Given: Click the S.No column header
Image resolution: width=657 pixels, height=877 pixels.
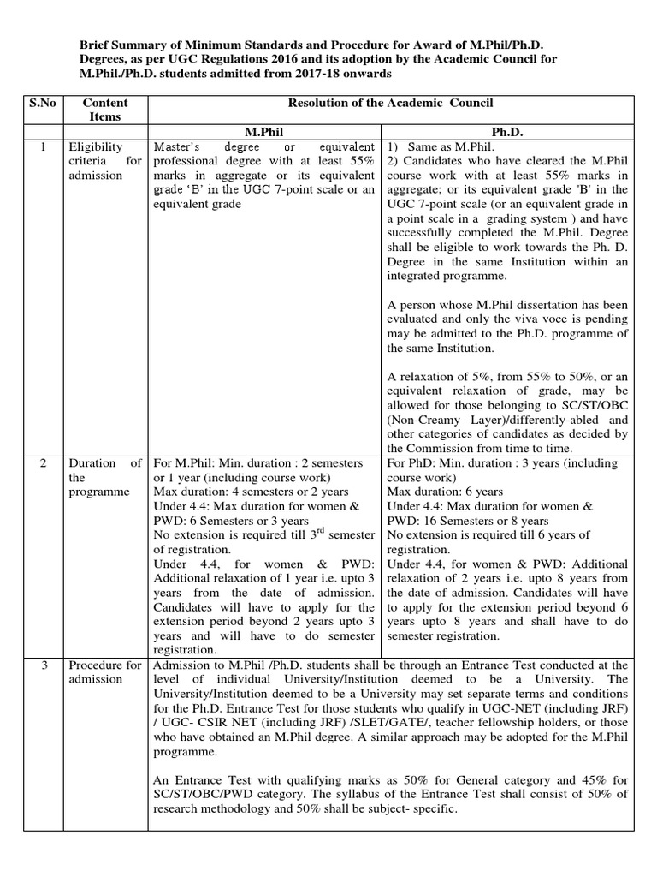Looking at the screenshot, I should pyautogui.click(x=42, y=104).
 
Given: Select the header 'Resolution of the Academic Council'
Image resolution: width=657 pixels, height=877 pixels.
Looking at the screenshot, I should pyautogui.click(x=390, y=104).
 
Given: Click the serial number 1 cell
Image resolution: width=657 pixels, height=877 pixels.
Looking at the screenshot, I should pyautogui.click(x=42, y=147).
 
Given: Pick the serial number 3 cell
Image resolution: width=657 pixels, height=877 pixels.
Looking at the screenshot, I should pyautogui.click(x=42, y=665).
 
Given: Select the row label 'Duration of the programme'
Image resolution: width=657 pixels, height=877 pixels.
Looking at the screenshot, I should pyautogui.click(x=105, y=478).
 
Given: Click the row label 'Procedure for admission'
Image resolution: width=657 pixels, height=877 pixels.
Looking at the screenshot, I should pyautogui.click(x=105, y=672).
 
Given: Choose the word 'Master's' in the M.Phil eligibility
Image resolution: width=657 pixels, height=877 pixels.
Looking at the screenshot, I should pyautogui.click(x=178, y=147).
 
